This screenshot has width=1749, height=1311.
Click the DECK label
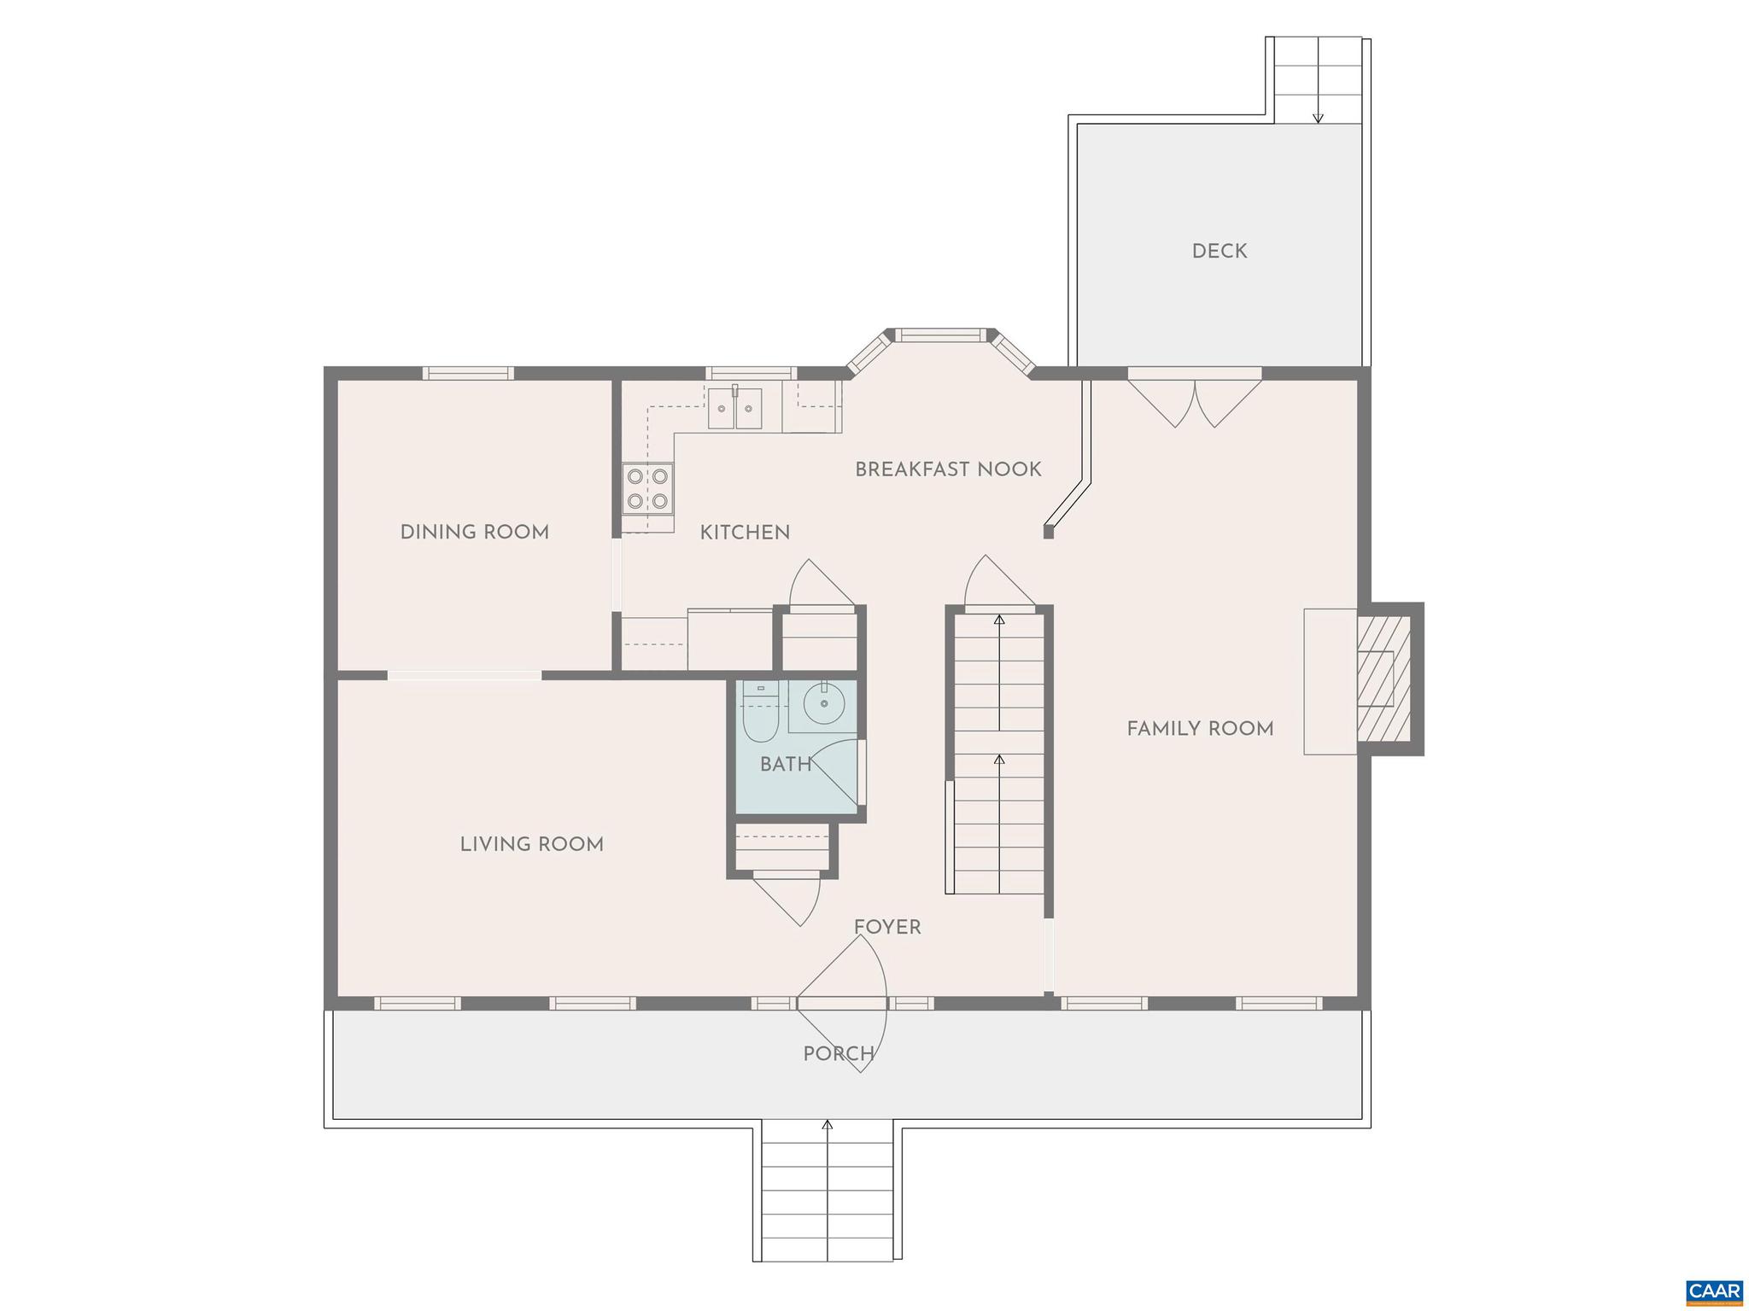(1219, 251)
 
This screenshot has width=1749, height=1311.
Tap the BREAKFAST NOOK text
(948, 469)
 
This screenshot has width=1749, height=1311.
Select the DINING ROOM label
(474, 532)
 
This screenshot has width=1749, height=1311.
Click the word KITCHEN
(745, 533)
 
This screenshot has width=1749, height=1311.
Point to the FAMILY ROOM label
(1200, 729)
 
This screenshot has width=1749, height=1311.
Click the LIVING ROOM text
(531, 844)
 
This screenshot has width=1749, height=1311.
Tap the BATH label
(786, 765)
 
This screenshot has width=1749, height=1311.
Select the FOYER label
(887, 927)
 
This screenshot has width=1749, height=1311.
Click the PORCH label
(838, 1054)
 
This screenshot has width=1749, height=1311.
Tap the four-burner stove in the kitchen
(646, 488)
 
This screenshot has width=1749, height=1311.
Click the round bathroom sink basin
(824, 704)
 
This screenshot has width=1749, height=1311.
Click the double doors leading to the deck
(1195, 401)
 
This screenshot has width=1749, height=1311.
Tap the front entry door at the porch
(841, 1004)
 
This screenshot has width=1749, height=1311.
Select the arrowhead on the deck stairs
(1318, 118)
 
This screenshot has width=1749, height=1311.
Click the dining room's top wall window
(468, 373)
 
